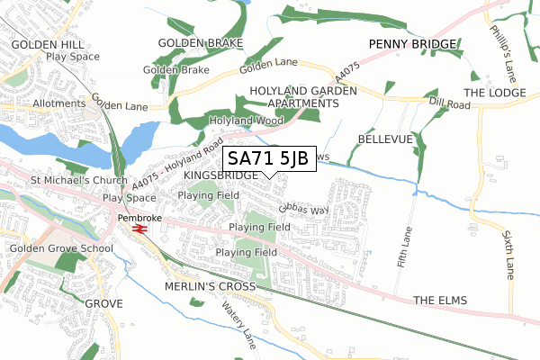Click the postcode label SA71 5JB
point(268,158)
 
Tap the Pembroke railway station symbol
point(139,229)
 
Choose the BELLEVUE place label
point(384,139)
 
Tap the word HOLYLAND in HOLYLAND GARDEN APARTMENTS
point(274,91)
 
